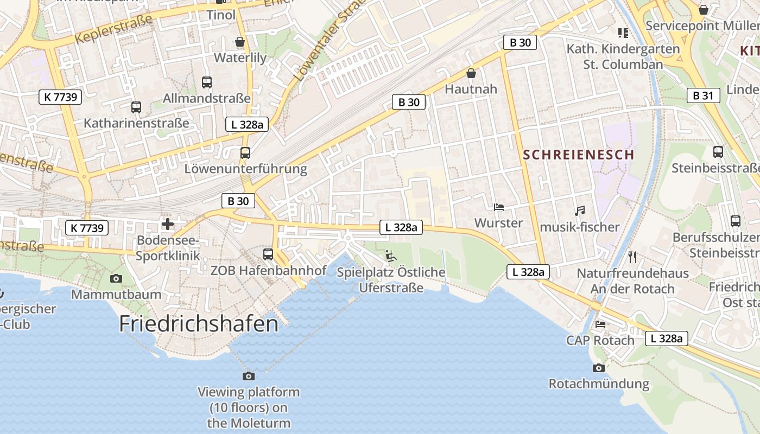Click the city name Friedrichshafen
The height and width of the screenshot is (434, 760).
(x=199, y=324)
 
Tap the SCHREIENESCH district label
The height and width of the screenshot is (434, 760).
(x=579, y=155)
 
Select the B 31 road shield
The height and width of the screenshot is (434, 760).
(x=703, y=95)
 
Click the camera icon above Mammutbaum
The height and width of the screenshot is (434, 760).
(x=116, y=279)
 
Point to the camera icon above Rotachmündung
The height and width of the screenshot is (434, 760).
(x=598, y=368)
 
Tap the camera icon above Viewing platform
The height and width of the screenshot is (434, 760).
(x=248, y=376)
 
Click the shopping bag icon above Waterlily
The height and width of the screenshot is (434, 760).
(x=240, y=42)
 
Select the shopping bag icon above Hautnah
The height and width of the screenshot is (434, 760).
(x=471, y=73)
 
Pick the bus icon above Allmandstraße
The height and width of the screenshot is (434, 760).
(x=207, y=82)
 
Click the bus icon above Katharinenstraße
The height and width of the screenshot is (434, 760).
(x=136, y=107)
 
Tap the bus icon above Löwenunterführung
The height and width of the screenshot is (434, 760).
(x=245, y=153)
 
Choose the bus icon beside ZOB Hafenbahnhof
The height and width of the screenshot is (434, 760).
(x=268, y=254)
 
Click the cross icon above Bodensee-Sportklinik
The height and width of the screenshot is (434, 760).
(x=168, y=224)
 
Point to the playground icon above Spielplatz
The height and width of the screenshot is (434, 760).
(x=391, y=256)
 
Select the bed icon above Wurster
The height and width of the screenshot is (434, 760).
(x=498, y=207)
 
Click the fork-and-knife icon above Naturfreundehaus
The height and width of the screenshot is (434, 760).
(x=632, y=257)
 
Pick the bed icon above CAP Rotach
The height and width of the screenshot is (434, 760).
(x=600, y=324)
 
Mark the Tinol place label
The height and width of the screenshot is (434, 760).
(x=221, y=15)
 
